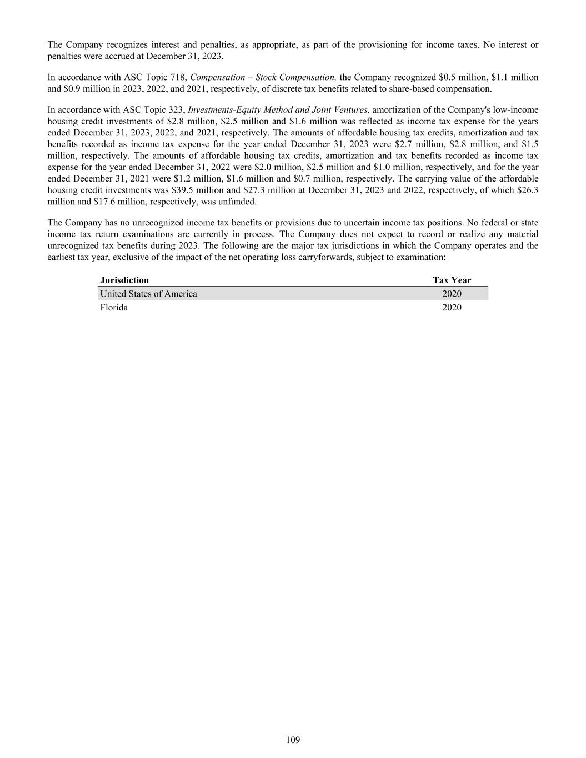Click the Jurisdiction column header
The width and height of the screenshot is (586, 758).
[124, 280]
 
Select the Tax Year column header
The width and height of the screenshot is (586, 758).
[452, 280]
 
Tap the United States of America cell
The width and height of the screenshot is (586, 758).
[148, 294]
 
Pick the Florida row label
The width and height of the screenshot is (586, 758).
[114, 308]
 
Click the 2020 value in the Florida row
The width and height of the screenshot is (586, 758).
[452, 308]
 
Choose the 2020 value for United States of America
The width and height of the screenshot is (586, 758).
[452, 294]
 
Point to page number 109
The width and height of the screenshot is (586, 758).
[293, 740]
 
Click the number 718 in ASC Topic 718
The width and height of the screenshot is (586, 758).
[178, 77]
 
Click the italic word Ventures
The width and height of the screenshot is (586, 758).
[352, 110]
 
